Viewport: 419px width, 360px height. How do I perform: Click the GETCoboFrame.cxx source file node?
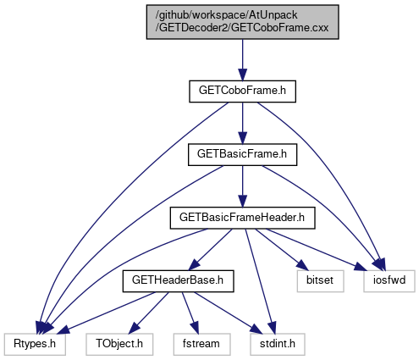tap(242, 22)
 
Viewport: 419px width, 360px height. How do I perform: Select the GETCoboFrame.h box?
tap(242, 91)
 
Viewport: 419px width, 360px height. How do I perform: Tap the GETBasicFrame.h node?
tap(242, 155)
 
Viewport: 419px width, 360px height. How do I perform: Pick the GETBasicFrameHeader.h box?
tap(242, 218)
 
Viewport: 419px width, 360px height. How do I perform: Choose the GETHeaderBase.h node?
tap(178, 281)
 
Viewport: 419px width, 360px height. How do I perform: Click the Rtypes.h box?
tap(35, 345)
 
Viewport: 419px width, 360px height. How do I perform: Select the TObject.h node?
tap(119, 345)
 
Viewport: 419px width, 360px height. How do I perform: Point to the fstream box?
tap(201, 345)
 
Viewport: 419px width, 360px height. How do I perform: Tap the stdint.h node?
tap(278, 345)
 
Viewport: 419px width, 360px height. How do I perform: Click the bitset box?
tap(320, 281)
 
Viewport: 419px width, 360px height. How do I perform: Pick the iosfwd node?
tap(389, 281)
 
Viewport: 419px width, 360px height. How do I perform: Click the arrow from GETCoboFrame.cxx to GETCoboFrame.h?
tap(242, 60)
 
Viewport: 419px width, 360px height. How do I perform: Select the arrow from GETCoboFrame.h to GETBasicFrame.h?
tap(242, 123)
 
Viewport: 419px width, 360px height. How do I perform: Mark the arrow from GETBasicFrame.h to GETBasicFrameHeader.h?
tap(242, 186)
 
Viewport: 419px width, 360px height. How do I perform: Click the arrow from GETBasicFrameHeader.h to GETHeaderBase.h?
tap(210, 250)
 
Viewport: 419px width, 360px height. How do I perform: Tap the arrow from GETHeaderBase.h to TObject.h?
tap(148, 313)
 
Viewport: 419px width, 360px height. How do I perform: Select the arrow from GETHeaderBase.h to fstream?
tap(190, 313)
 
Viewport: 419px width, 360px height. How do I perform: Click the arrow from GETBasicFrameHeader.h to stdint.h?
tap(260, 281)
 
